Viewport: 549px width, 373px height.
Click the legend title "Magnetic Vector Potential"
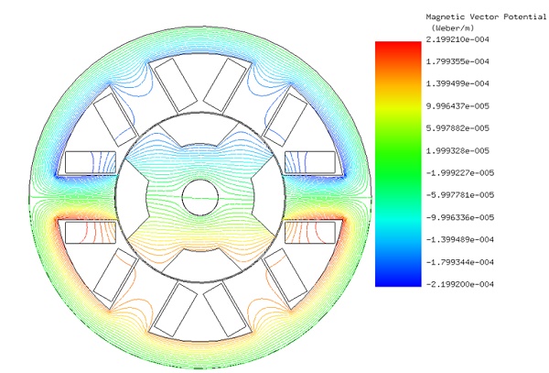click(x=486, y=16)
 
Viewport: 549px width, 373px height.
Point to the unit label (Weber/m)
click(x=453, y=27)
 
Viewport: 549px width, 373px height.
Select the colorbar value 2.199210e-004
click(x=457, y=39)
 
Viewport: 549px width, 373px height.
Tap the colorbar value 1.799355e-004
click(x=457, y=61)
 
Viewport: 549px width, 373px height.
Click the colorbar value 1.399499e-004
click(x=457, y=83)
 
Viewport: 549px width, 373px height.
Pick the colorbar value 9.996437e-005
click(x=457, y=106)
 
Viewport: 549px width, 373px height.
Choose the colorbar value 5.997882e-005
click(x=457, y=128)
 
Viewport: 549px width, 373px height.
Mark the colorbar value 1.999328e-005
click(x=457, y=150)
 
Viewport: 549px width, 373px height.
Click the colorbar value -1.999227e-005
click(x=459, y=173)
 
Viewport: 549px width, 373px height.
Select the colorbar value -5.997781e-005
click(x=459, y=195)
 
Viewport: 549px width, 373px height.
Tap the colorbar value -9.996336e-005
click(x=459, y=217)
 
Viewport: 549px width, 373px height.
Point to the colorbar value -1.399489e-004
click(x=459, y=239)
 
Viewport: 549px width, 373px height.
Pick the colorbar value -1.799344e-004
click(x=459, y=262)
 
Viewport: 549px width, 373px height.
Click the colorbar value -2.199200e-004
click(x=459, y=284)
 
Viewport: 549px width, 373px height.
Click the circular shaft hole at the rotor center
click(x=200, y=197)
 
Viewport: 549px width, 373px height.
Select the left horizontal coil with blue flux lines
click(x=91, y=162)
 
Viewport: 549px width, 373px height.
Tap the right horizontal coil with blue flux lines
click(x=310, y=162)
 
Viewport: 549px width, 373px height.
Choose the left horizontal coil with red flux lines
click(x=91, y=233)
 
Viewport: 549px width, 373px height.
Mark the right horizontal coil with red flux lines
click(x=310, y=233)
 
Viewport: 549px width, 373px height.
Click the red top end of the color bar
click(x=398, y=42)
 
